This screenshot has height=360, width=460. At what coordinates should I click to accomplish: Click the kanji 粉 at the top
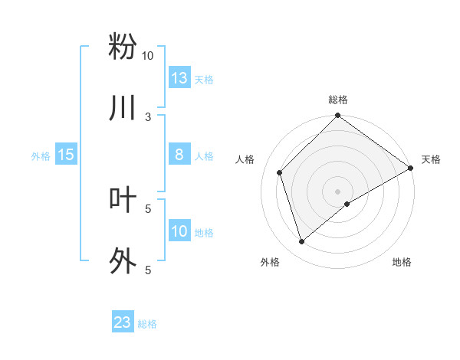click(123, 46)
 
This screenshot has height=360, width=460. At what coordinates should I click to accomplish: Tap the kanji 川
click(123, 108)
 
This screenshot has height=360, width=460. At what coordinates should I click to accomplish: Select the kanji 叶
click(123, 200)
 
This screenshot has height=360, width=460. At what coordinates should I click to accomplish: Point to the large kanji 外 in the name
click(123, 261)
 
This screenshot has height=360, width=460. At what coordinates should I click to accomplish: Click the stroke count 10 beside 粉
click(147, 56)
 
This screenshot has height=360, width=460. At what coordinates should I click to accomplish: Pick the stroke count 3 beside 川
click(148, 117)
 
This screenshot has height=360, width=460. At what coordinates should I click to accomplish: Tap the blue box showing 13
click(179, 77)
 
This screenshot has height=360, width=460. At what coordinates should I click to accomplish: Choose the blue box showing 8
click(179, 155)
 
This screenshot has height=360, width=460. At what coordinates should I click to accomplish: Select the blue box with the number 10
click(179, 231)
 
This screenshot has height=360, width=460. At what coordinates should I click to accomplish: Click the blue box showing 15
click(66, 155)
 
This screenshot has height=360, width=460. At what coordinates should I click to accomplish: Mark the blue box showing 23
click(123, 322)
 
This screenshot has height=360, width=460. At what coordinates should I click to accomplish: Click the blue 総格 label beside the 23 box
click(147, 324)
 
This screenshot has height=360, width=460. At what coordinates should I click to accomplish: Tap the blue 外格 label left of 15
click(41, 155)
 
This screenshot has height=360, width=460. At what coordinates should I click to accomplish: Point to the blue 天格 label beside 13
click(203, 79)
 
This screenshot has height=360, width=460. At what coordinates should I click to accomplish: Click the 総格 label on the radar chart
click(338, 100)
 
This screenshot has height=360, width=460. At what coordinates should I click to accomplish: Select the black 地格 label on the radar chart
click(402, 262)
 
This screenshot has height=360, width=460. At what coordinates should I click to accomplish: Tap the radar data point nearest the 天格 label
click(410, 169)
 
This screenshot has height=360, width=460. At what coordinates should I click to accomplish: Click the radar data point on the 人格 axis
click(280, 172)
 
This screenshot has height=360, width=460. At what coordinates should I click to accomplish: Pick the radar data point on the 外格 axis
click(301, 242)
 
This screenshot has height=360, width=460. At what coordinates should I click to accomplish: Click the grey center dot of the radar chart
click(338, 191)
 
